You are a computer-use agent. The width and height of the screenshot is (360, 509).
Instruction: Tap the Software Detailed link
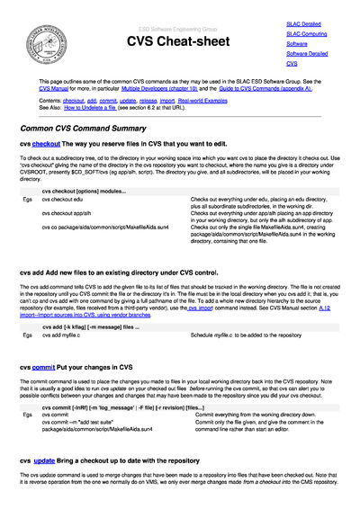click(x=304, y=54)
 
